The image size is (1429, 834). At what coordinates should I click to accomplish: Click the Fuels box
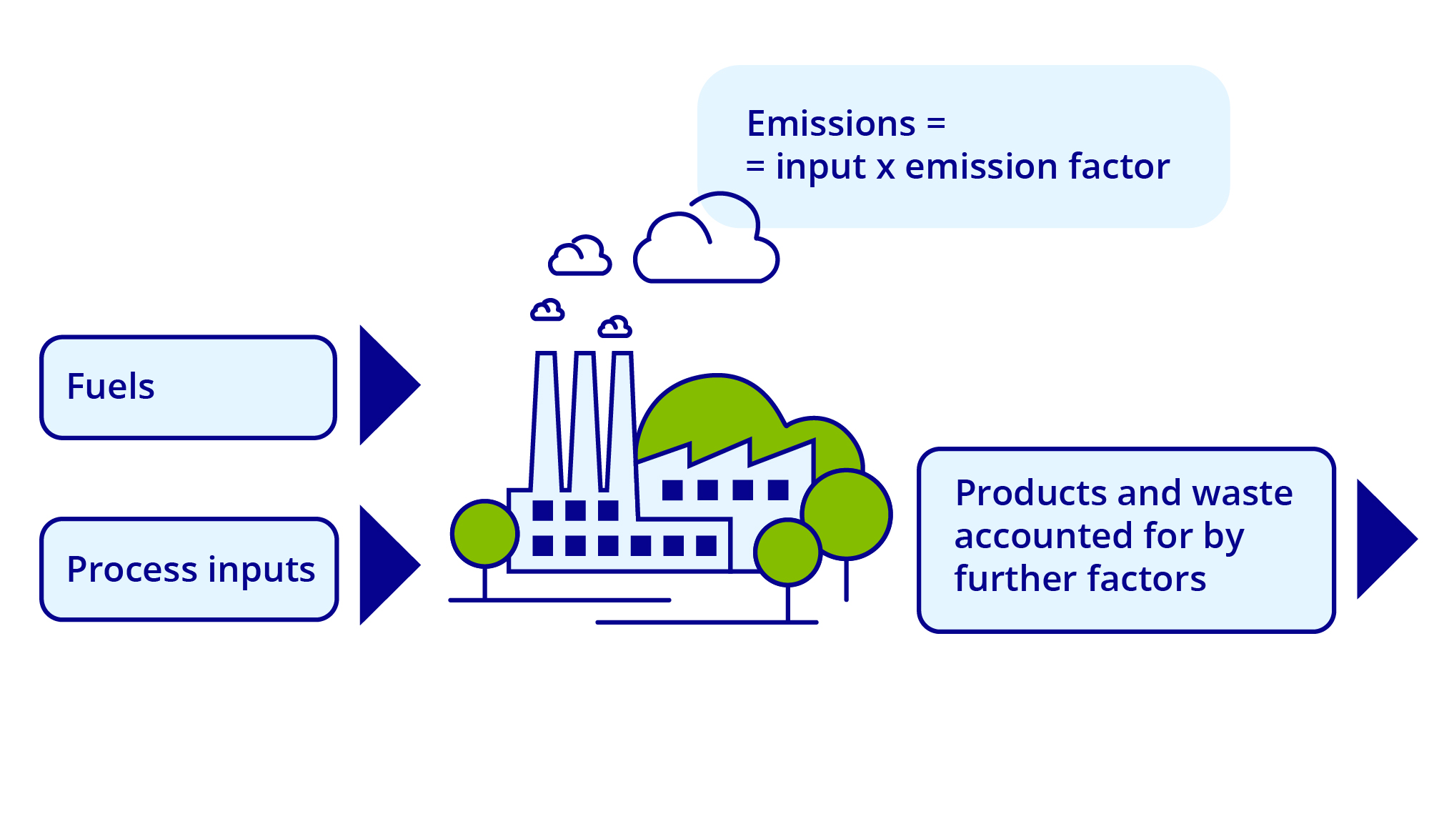pos(188,387)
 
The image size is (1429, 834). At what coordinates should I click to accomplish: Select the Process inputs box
pos(189,569)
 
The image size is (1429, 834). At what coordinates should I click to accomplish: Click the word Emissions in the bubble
pos(830,124)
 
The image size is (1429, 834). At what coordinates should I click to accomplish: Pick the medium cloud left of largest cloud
pos(579,257)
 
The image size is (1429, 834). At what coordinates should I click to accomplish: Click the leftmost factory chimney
pos(546,422)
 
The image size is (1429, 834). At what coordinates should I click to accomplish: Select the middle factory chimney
pos(584,422)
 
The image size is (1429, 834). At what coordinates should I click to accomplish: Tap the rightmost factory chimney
pos(622,422)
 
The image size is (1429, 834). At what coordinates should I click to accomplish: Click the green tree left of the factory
pos(484,533)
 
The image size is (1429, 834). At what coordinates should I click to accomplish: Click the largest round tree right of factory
pos(847,513)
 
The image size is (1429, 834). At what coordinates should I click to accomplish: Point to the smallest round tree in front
pos(787,552)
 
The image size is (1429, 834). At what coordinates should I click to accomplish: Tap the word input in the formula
pos(820,168)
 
